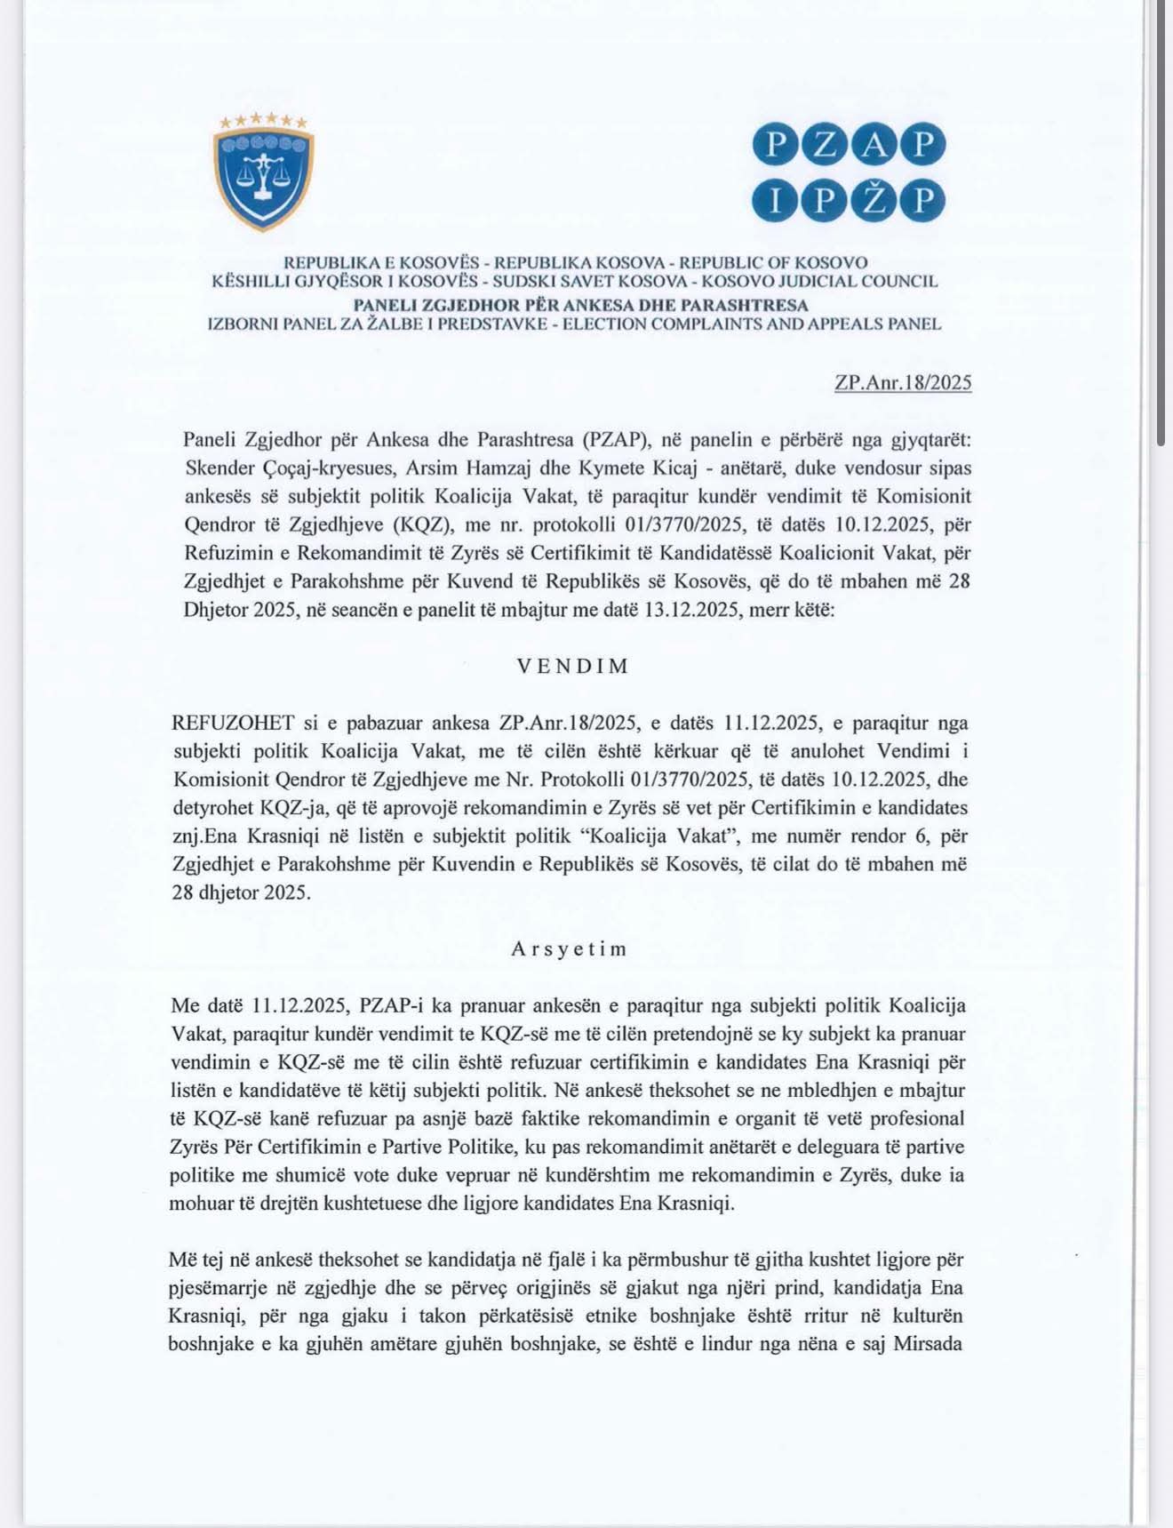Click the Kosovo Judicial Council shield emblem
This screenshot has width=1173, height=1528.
263,173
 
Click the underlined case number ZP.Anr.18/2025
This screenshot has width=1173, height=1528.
903,383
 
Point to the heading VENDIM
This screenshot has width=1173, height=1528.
574,667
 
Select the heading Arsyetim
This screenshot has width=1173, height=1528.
570,948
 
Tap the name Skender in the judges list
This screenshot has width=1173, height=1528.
219,468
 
